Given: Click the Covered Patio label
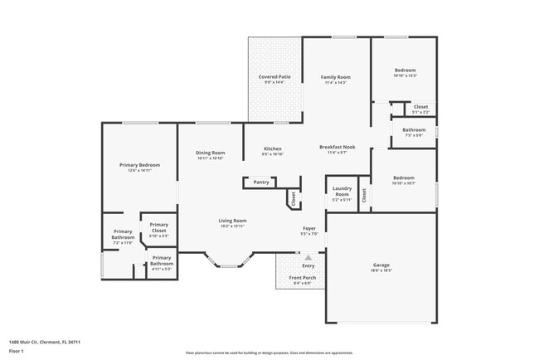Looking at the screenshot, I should click(x=274, y=77).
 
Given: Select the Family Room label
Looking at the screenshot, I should click(x=336, y=77).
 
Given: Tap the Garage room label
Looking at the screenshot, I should click(x=381, y=265).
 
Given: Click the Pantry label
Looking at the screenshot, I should click(x=261, y=182).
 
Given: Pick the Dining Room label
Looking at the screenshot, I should click(x=210, y=153).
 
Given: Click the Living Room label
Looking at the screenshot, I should click(x=232, y=221).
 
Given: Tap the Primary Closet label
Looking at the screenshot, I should click(x=159, y=229).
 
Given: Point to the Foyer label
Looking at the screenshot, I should click(x=308, y=228).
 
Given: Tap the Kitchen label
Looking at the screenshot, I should click(x=273, y=148).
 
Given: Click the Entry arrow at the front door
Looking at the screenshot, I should click(x=308, y=257).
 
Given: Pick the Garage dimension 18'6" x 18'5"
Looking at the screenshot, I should click(x=381, y=271).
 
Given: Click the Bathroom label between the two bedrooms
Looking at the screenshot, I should click(x=414, y=129).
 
